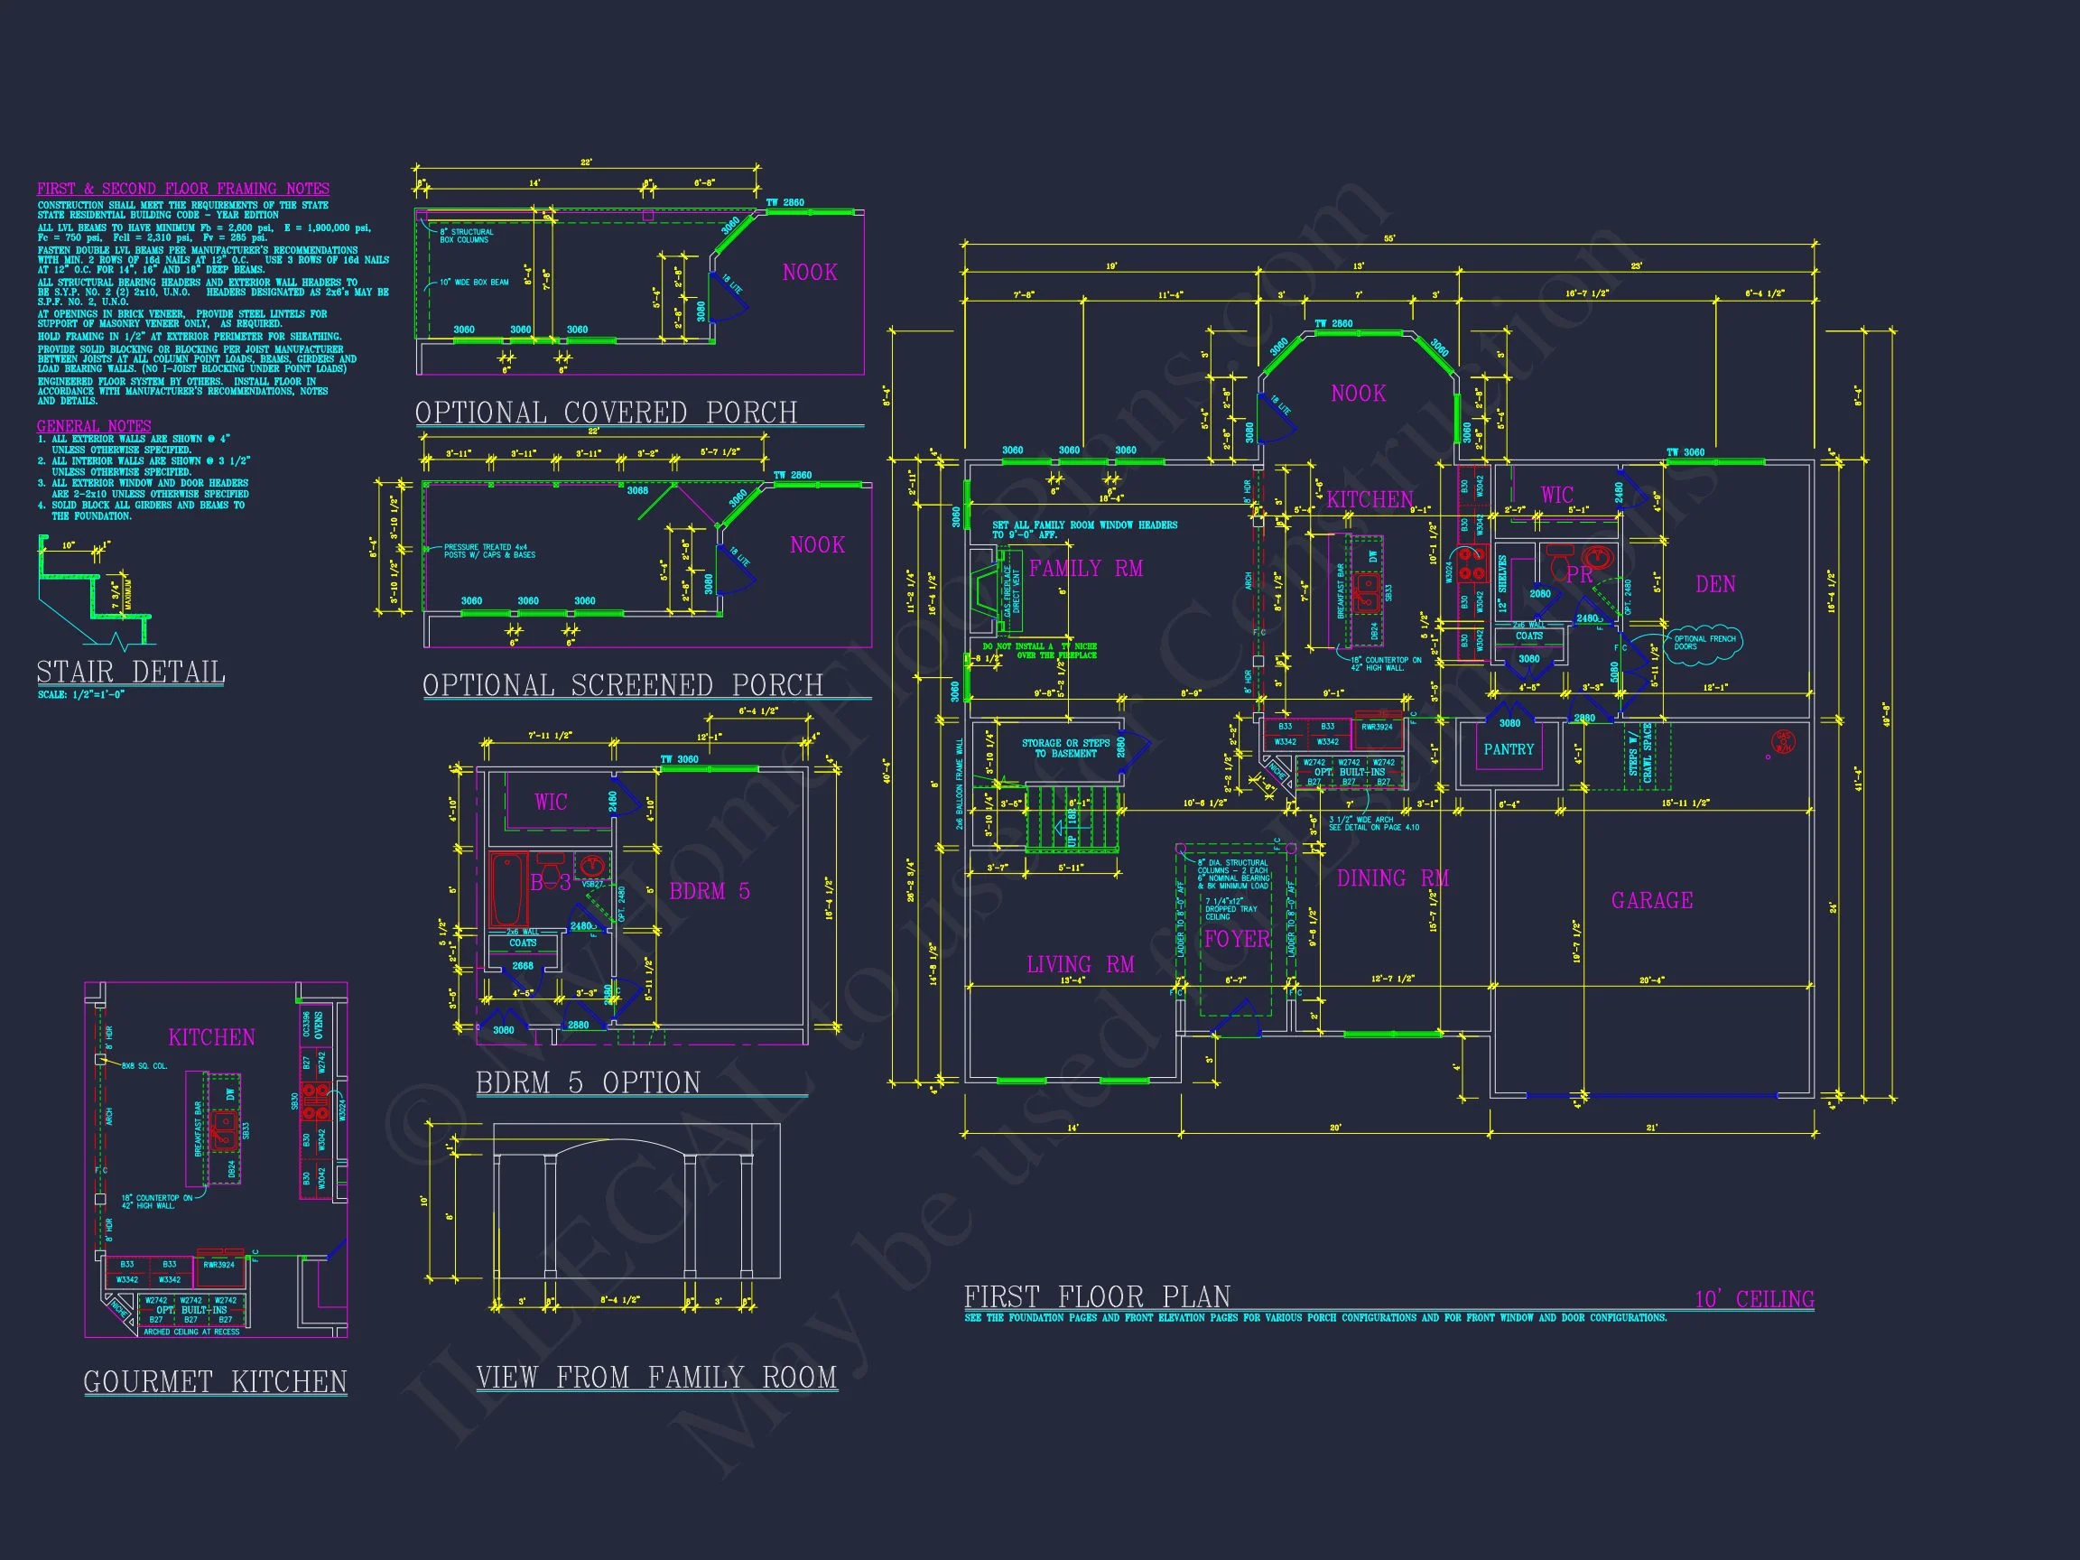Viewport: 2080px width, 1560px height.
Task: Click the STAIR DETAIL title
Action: [131, 673]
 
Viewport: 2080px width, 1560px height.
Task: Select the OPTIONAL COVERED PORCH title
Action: [606, 413]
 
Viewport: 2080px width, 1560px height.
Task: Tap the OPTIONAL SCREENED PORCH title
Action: [623, 685]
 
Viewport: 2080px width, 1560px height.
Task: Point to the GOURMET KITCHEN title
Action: [216, 1381]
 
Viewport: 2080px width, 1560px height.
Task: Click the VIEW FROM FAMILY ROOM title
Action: [656, 1378]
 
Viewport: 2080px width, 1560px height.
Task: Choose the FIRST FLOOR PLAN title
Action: [1096, 1297]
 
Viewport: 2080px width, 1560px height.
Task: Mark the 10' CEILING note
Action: [1754, 1299]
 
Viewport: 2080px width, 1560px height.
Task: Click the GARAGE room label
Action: [1652, 901]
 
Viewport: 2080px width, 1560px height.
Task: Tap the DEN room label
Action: [1715, 584]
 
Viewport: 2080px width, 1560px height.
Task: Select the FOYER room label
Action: [1237, 940]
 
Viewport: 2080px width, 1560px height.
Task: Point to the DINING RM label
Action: [1393, 878]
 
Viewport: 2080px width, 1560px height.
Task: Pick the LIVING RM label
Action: [1081, 965]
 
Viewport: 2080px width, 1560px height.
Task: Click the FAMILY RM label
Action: [1086, 568]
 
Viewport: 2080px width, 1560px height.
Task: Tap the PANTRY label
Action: [1509, 749]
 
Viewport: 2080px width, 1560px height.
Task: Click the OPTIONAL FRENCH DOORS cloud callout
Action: [1703, 642]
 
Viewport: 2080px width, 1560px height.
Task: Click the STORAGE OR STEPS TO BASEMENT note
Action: [1065, 747]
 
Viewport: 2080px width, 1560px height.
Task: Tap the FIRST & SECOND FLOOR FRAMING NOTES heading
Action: [183, 188]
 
